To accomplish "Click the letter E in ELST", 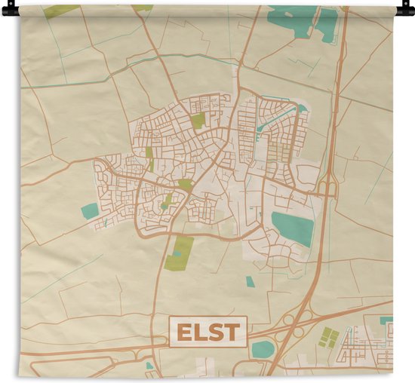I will tap(183, 332).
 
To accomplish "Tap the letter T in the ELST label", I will tap(232, 332).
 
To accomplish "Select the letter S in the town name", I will tap(216, 332).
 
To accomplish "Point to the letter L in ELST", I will tap(199, 332).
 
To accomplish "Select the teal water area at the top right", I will tap(302, 19).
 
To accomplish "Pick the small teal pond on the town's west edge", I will tap(90, 211).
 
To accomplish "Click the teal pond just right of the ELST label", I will tap(263, 348).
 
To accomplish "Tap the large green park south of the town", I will tap(179, 253).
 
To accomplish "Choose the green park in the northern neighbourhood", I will tap(198, 120).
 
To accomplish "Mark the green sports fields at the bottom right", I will tap(329, 337).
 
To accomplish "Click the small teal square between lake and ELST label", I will tap(250, 281).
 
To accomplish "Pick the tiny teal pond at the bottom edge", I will tap(149, 366).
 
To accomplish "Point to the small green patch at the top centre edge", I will tap(142, 8).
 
